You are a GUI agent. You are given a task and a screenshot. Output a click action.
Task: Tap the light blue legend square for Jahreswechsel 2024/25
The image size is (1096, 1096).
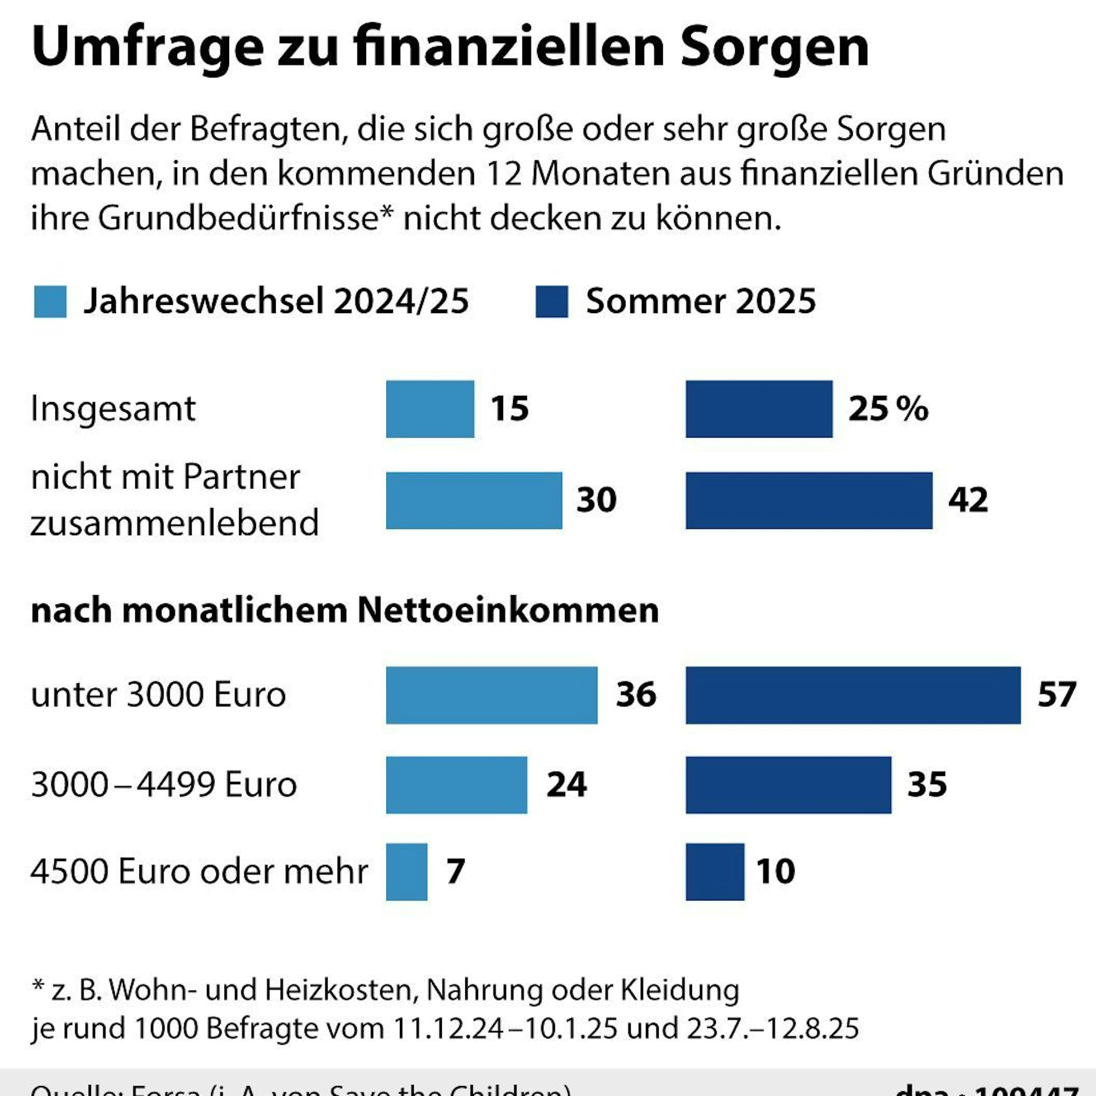click(50, 301)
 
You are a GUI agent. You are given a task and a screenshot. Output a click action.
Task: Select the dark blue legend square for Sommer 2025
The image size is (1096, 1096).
click(551, 301)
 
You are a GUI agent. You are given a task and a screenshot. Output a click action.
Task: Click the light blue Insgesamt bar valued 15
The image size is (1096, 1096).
click(430, 409)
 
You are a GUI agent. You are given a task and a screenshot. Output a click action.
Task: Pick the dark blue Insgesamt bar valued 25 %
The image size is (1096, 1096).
click(758, 409)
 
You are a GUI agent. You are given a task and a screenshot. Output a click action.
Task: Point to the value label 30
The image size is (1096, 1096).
click(596, 500)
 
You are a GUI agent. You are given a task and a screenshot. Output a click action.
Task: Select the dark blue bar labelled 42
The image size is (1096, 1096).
click(809, 500)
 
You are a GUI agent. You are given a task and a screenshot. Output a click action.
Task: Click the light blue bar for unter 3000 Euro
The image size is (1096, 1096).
click(491, 695)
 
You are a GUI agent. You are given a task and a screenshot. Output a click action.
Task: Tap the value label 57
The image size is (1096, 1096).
click(1056, 695)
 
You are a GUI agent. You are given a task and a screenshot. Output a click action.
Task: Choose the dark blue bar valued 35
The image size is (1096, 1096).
click(788, 785)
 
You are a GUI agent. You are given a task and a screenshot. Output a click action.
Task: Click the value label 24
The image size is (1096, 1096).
click(566, 785)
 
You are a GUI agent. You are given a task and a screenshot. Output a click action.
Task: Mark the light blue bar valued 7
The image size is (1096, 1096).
click(406, 872)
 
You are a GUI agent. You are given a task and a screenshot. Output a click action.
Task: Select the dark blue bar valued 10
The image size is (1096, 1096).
click(715, 872)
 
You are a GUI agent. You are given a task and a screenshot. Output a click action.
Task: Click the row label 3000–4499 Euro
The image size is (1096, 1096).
click(164, 785)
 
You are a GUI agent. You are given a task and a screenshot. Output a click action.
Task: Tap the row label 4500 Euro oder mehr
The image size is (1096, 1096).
click(199, 872)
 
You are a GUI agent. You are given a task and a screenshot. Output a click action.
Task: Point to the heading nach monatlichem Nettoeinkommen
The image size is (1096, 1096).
click(345, 610)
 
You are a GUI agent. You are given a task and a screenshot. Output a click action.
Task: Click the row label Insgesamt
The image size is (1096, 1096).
click(113, 409)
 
